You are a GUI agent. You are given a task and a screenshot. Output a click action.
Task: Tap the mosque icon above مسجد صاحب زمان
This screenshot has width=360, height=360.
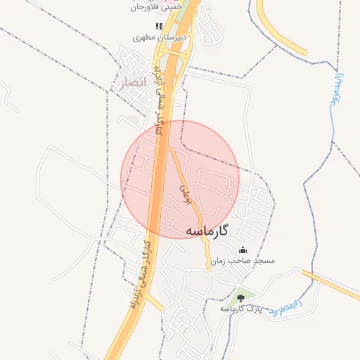click(243, 250)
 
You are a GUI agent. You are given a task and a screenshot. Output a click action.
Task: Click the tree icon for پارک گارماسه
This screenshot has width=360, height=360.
click(241, 298)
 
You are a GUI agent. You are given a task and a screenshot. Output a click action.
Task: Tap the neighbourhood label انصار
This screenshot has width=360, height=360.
click(131, 82)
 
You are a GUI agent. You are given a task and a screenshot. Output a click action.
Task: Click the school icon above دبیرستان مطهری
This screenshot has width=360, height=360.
click(159, 26)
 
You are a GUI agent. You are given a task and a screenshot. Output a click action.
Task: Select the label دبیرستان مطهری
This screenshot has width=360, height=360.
click(159, 36)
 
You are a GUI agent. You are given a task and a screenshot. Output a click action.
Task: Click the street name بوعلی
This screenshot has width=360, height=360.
click(186, 189)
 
